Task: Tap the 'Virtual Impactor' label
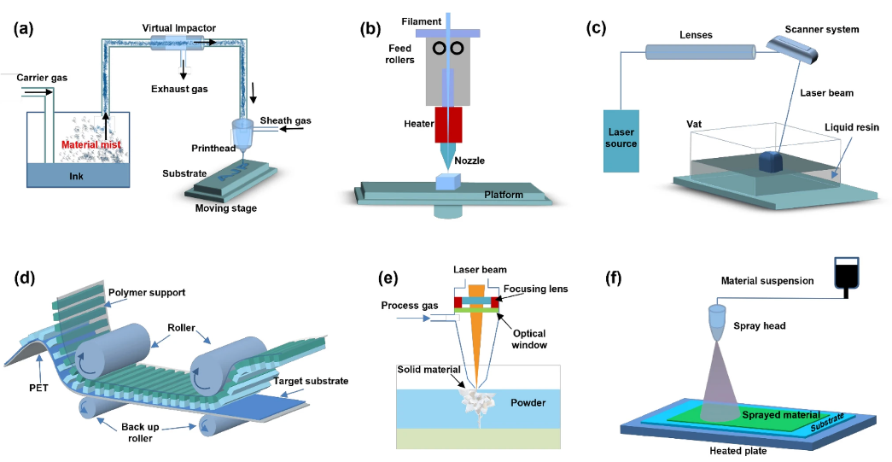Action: pyautogui.click(x=179, y=27)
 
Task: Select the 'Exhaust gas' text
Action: pyautogui.click(x=180, y=88)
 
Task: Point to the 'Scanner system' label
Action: pyautogui.click(x=822, y=29)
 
